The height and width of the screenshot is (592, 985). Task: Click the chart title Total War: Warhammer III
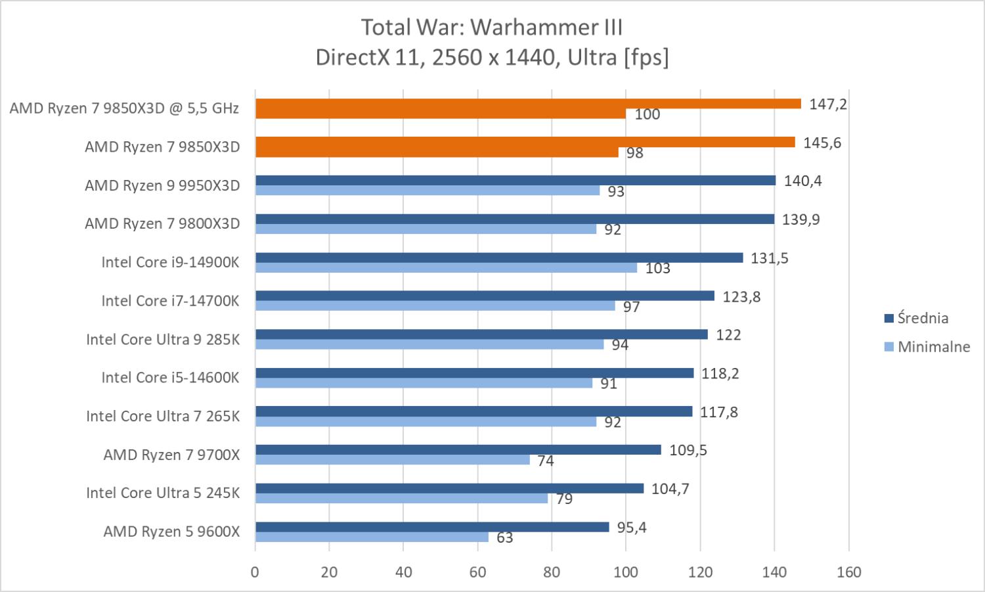point(492,28)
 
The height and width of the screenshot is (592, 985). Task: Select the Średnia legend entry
point(916,319)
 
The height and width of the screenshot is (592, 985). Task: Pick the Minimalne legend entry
point(927,347)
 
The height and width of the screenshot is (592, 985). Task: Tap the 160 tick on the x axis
point(848,572)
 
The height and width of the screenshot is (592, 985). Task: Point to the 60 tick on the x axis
point(477,572)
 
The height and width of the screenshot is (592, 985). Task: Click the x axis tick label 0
point(255,572)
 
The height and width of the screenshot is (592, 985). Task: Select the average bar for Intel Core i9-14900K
point(499,258)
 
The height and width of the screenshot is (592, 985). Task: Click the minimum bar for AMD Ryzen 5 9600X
point(372,537)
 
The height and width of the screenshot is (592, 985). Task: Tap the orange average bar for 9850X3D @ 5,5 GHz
point(528,104)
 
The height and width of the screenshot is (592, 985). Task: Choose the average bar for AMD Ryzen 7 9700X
point(458,450)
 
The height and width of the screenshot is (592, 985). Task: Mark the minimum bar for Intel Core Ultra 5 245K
point(401,499)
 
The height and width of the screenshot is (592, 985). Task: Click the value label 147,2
point(827,104)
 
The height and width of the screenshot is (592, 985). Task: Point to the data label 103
point(657,268)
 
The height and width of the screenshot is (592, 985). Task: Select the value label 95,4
point(631,528)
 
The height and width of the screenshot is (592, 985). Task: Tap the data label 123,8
point(741,297)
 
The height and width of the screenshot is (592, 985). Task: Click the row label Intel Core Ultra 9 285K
point(163,340)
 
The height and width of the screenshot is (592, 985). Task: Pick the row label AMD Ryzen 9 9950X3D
point(162,185)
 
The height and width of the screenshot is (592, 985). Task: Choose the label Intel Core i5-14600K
point(170,378)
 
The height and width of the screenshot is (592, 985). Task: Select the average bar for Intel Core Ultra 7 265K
point(473,411)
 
